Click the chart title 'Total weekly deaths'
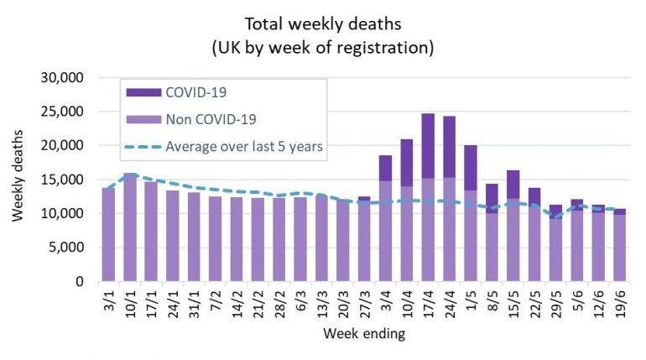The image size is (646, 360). pyautogui.click(x=322, y=23)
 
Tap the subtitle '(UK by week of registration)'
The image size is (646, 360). pyautogui.click(x=322, y=47)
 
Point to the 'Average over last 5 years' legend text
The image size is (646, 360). pyautogui.click(x=244, y=148)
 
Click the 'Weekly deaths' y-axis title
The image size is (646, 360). pyautogui.click(x=18, y=180)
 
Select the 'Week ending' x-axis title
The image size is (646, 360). pyautogui.click(x=366, y=335)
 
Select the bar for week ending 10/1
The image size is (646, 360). pyautogui.click(x=131, y=227)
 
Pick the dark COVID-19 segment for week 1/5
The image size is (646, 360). pyautogui.click(x=471, y=168)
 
